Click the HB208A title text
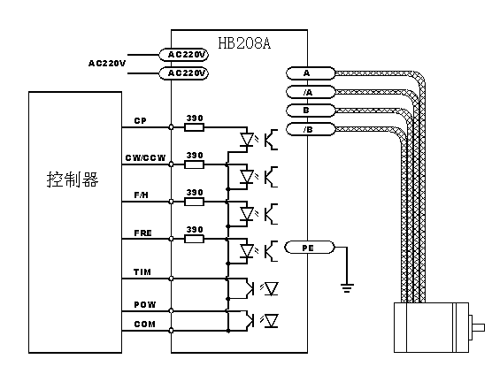coord(244,43)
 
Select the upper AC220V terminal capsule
coord(183,55)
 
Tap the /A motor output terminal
coord(311,92)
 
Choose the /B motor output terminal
coord(311,129)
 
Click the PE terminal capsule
coord(310,248)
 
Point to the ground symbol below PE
coord(347,288)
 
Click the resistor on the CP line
coord(194,127)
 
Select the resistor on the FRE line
coord(194,239)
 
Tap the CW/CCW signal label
coord(145,157)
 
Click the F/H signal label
coord(142,195)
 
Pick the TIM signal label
coord(142,271)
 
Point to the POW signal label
coord(144,304)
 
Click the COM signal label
coord(144,324)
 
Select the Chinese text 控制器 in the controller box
coord(73,180)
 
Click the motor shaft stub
coord(477,327)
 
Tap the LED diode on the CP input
coord(247,139)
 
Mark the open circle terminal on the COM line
coord(171,330)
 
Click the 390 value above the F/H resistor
coord(195,192)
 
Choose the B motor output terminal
coord(311,111)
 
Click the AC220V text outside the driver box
coord(107,64)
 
